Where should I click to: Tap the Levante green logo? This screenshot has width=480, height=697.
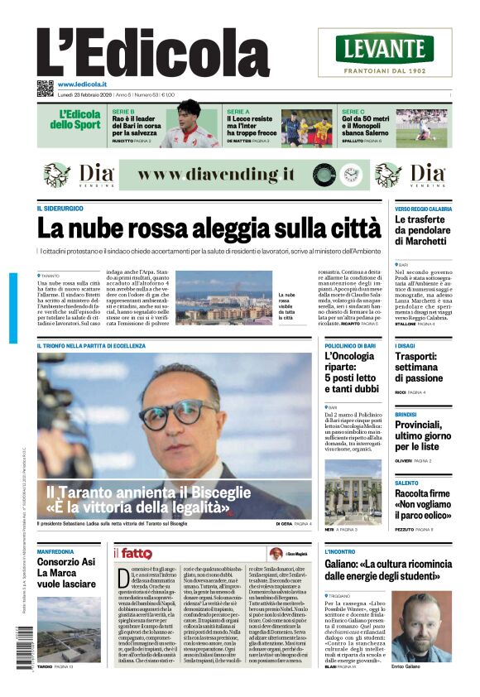384,48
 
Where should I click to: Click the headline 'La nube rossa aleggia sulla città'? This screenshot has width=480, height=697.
197,228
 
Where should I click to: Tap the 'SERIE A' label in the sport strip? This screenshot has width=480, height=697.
238,111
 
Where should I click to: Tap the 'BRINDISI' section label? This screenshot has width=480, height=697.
406,414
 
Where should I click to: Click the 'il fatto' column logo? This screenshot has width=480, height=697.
132,553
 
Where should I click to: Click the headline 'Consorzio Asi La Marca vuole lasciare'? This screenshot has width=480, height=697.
65,572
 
